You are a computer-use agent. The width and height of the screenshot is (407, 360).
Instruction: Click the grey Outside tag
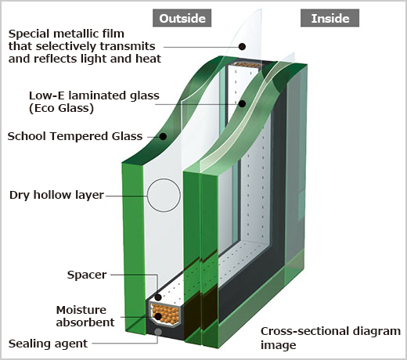(x=182, y=18)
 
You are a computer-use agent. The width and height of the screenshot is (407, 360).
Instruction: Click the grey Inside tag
(x=330, y=18)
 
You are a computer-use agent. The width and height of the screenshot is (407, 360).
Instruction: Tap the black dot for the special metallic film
(x=243, y=47)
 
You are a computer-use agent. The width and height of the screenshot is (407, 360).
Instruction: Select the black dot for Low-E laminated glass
(x=242, y=104)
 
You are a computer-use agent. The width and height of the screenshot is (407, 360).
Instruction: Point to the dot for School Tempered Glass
(x=163, y=136)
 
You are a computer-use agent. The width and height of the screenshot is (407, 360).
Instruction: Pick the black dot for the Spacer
(x=158, y=297)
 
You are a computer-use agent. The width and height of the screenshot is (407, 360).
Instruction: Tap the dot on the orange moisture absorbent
(x=158, y=316)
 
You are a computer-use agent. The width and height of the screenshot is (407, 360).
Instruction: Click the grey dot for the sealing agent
(x=158, y=332)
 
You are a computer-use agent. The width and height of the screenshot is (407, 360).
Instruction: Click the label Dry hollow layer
(x=56, y=195)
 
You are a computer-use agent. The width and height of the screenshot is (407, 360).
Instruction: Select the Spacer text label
(x=87, y=275)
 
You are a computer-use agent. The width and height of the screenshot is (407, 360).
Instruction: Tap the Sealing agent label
(x=48, y=344)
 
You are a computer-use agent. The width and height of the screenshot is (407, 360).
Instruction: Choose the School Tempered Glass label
(x=75, y=136)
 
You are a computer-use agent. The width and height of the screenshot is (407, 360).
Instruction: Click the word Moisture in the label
(x=81, y=310)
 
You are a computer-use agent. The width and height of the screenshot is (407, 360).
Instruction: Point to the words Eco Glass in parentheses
(x=61, y=108)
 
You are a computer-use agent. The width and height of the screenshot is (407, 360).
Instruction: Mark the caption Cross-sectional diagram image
(x=330, y=338)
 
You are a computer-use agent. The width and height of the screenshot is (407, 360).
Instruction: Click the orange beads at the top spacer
(x=247, y=65)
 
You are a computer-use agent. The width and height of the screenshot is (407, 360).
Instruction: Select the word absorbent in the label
(x=85, y=322)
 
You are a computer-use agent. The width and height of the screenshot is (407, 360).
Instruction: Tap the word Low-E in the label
(x=46, y=95)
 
